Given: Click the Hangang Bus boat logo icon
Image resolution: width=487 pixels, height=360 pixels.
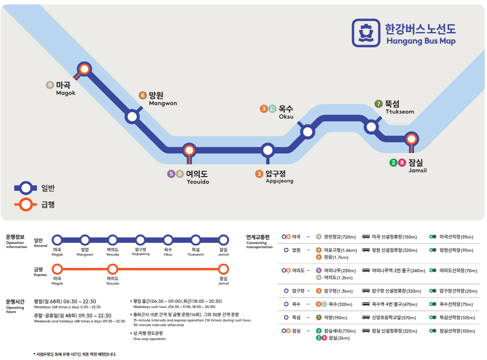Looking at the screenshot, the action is pyautogui.click(x=366, y=33).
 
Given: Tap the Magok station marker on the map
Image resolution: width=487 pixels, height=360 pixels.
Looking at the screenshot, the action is pyautogui.click(x=84, y=68).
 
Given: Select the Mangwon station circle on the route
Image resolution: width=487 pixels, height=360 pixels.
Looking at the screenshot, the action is pyautogui.click(x=132, y=117).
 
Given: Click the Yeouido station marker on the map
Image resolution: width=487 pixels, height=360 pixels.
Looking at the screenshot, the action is pyautogui.click(x=189, y=150).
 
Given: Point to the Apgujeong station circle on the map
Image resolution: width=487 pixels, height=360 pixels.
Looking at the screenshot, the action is pyautogui.click(x=268, y=150).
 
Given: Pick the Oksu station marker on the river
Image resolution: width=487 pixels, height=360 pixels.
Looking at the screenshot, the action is pyautogui.click(x=307, y=131).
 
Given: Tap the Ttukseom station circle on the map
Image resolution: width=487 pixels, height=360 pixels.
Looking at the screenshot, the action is pyautogui.click(x=372, y=126).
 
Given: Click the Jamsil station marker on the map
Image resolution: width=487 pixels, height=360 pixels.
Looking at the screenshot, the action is pyautogui.click(x=412, y=139).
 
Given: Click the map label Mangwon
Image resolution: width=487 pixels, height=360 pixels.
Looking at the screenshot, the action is pyautogui.click(x=163, y=104).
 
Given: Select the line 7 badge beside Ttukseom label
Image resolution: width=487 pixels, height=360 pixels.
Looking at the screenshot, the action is pyautogui.click(x=378, y=104).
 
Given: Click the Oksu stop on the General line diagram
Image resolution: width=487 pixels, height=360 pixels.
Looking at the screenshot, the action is pyautogui.click(x=168, y=240).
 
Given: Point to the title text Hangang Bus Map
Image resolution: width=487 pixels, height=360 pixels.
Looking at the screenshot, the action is pyautogui.click(x=421, y=41).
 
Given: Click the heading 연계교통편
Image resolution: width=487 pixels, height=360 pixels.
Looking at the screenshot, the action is pyautogui.click(x=257, y=238).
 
